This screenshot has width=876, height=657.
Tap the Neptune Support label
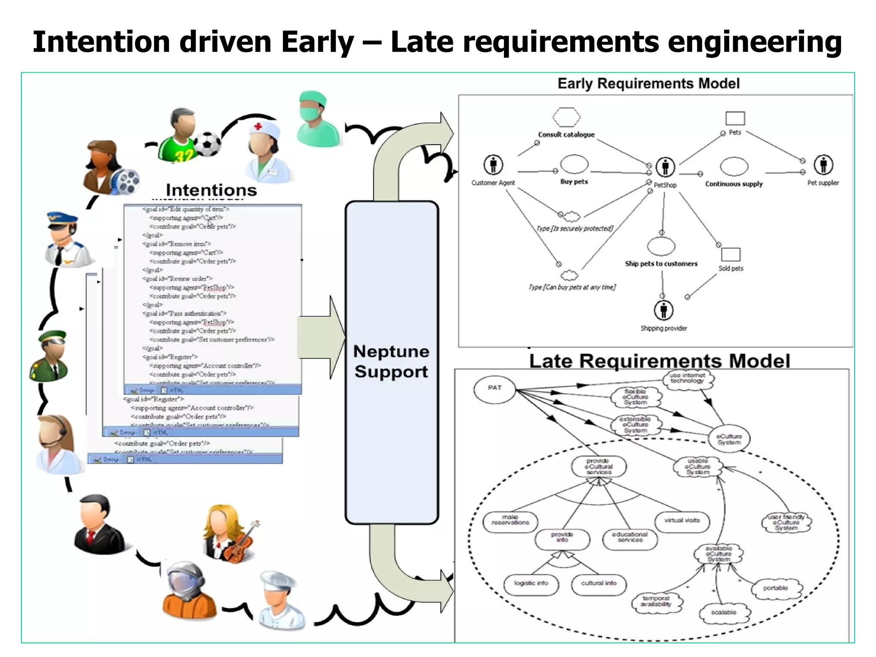[391, 361]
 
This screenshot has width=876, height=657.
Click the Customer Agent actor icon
[493, 165]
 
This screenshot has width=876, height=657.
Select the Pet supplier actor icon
[823, 165]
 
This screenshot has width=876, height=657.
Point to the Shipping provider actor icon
[663, 310]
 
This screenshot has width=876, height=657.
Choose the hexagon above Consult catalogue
[566, 117]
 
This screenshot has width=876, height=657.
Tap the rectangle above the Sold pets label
[731, 255]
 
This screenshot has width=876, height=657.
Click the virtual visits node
[682, 521]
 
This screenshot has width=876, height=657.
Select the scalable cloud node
[724, 613]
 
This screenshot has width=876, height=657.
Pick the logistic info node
[531, 583]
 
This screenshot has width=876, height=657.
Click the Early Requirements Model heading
[648, 83]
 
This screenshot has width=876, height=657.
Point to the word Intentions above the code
[211, 190]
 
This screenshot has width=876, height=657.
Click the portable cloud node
[776, 588]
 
